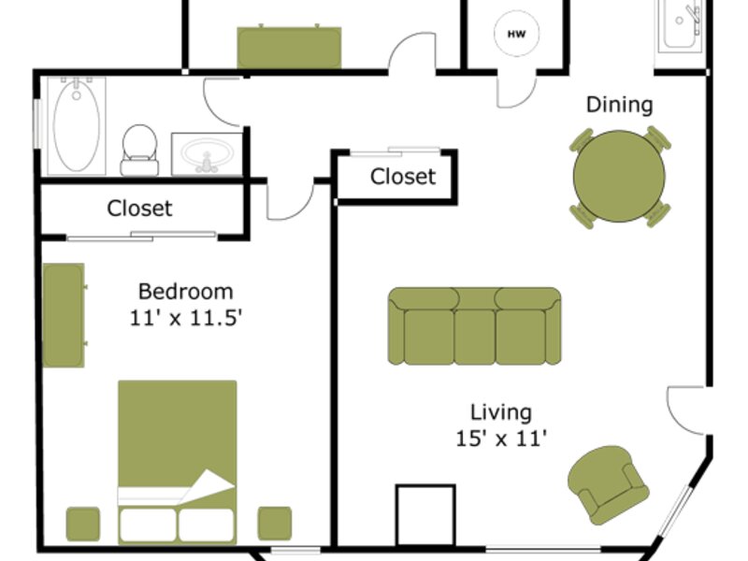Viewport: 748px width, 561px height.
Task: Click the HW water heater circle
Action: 517,34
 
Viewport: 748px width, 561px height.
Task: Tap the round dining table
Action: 619,176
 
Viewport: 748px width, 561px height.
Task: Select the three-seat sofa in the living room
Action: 475,326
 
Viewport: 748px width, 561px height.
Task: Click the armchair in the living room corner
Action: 609,484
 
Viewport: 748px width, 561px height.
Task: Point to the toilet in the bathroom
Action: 139,151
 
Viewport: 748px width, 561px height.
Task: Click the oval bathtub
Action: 77,126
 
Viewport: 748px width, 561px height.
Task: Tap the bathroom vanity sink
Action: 208,154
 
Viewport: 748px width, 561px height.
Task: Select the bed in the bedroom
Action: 178,462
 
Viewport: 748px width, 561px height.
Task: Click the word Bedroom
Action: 185,291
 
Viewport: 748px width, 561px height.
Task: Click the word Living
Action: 501,412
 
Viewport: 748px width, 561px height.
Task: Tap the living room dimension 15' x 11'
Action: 501,439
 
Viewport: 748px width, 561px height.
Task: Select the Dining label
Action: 619,105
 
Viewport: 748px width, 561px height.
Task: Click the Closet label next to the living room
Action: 403,177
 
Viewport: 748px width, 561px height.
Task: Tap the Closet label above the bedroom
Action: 139,209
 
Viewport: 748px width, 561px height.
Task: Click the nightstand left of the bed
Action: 83,524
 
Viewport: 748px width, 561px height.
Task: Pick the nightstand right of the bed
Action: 275,524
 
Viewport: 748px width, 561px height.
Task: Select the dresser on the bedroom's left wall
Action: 64,315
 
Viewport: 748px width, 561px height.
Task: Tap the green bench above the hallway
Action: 289,48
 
